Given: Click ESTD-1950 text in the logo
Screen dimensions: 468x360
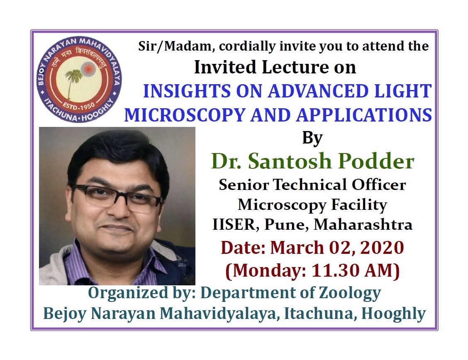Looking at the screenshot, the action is (x=78, y=106).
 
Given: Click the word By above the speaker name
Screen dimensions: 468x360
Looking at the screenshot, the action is (x=312, y=138).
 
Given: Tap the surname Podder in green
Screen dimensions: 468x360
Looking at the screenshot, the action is (x=376, y=161).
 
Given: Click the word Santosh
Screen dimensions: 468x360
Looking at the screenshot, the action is (x=289, y=161).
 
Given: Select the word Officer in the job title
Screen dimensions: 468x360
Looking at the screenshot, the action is (x=379, y=185).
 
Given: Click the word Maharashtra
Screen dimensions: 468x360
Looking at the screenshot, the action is (x=363, y=225).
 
